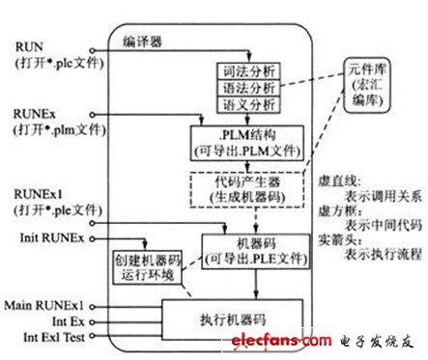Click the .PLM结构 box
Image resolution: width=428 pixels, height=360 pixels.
(x=245, y=140)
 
